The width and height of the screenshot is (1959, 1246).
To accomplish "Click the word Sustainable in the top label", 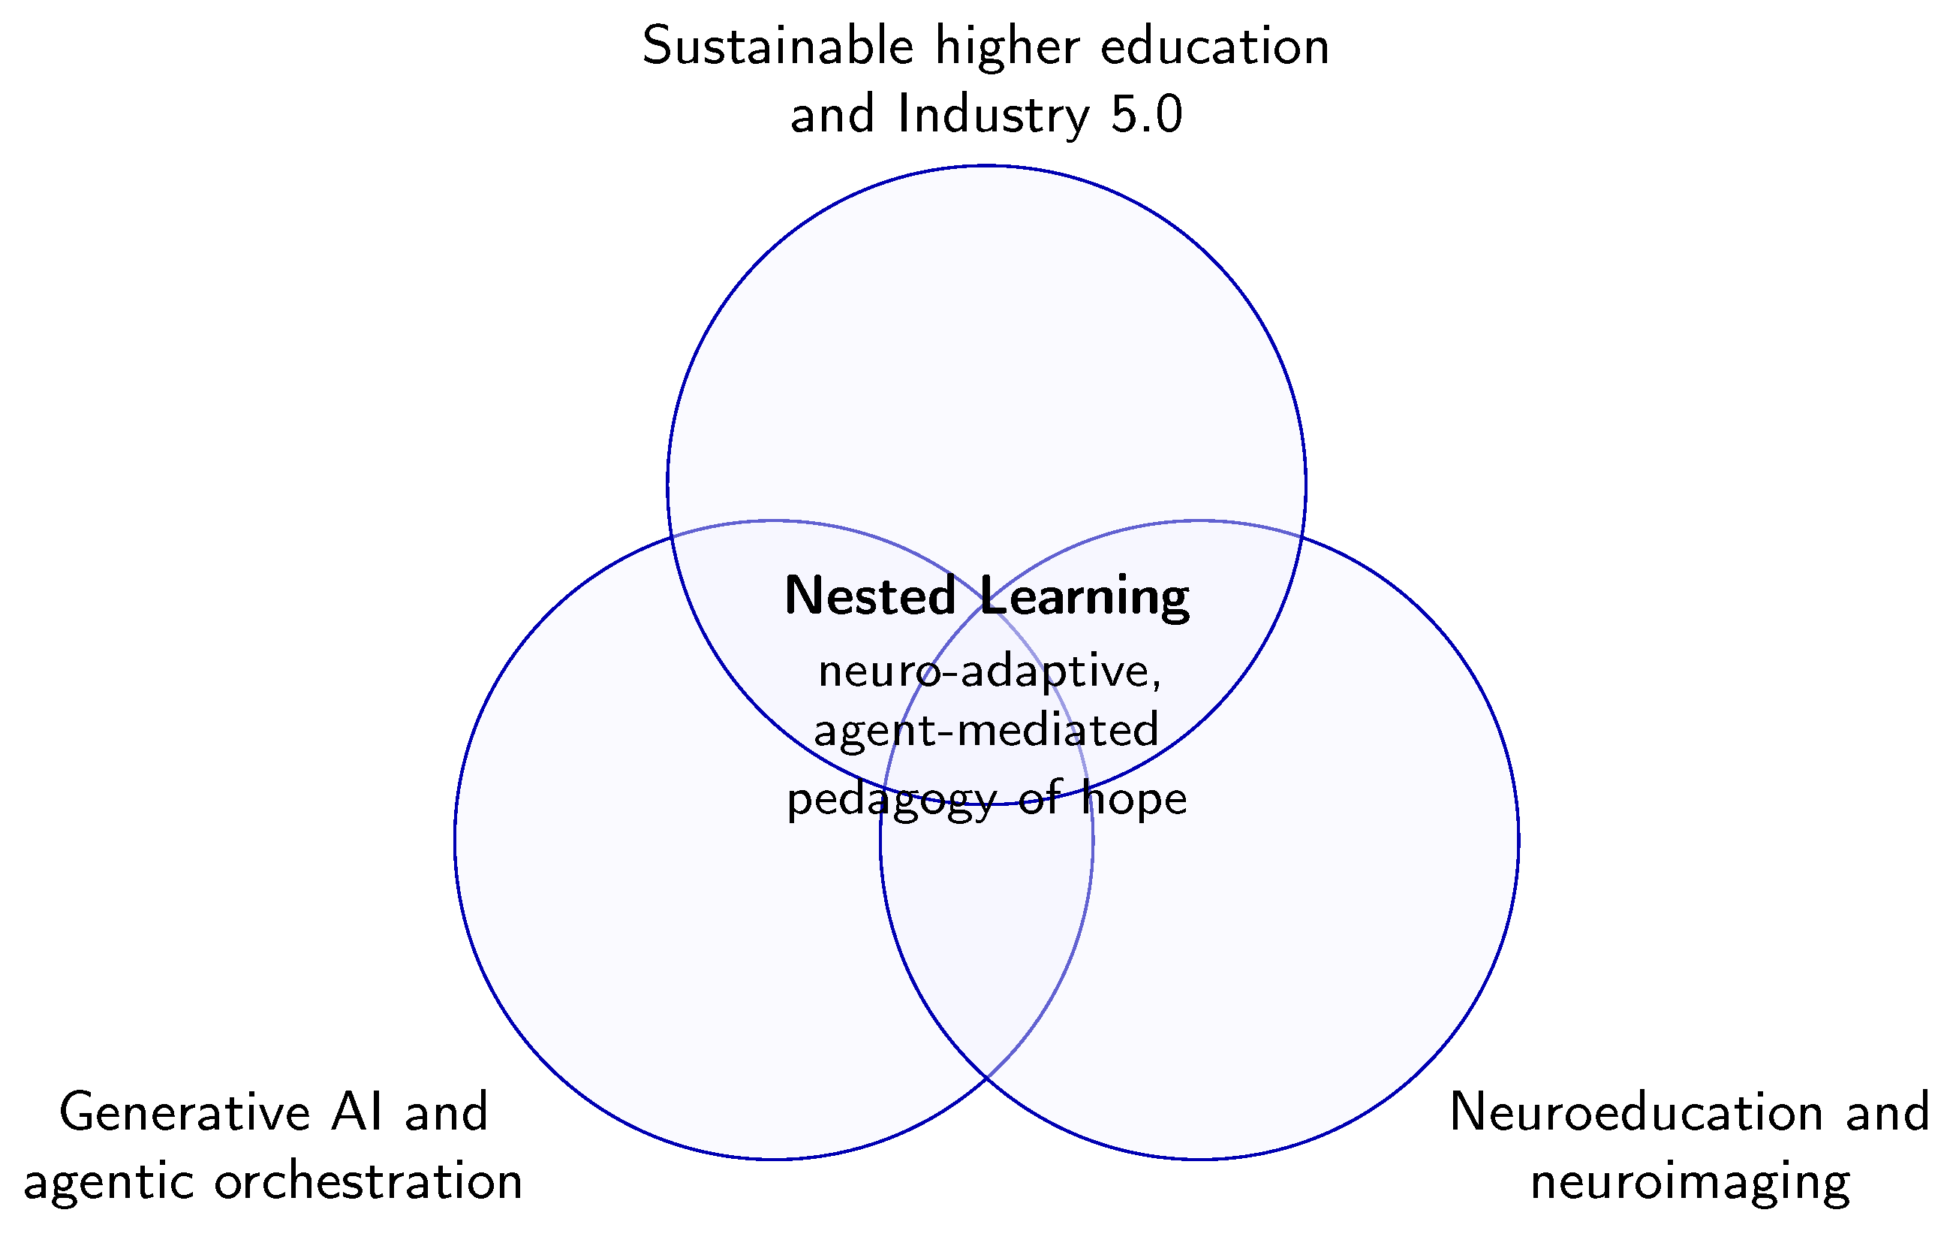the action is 778,47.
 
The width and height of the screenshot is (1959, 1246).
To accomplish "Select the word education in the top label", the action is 1214,47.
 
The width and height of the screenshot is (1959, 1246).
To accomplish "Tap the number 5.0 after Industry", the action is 1146,116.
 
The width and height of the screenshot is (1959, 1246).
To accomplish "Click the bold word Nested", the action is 870,596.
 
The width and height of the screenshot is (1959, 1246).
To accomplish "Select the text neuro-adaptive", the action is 989,674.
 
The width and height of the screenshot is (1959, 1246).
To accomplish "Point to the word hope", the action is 1134,798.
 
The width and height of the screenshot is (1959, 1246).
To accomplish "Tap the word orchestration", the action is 368,1181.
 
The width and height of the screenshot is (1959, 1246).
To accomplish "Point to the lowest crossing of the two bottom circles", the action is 987,1079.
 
